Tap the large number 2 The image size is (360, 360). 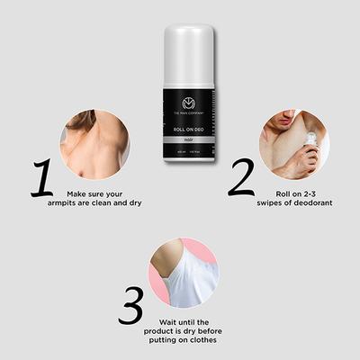pos(240,177)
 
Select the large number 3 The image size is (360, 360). pos(130,306)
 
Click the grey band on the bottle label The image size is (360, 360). pos(190,139)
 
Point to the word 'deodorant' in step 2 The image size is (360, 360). pos(309,202)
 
